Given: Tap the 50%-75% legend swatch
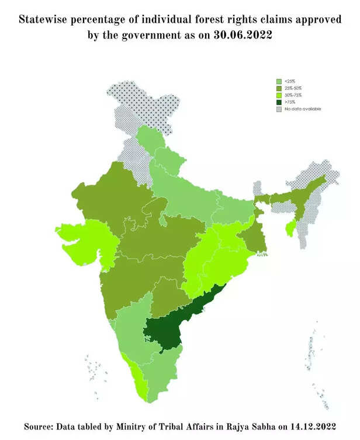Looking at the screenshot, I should (279, 95).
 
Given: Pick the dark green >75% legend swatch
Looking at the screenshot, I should (279, 102).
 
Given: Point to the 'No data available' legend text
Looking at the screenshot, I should (303, 109).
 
